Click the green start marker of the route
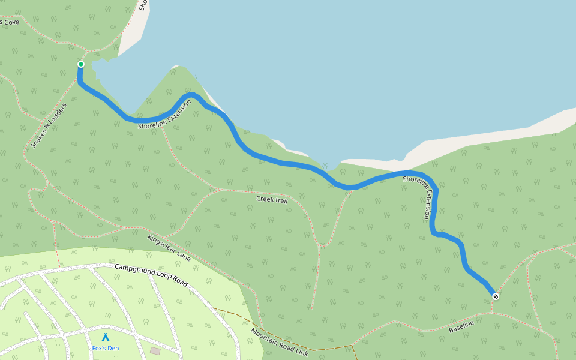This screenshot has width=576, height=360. tap(81, 64)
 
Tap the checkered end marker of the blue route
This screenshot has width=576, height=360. tap(495, 296)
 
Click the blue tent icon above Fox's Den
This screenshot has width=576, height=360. tap(105, 338)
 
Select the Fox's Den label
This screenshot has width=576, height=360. tap(106, 348)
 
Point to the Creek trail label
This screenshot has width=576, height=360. tap(272, 200)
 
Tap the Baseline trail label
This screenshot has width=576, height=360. tap(461, 326)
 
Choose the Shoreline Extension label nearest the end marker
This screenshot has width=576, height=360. tap(419, 197)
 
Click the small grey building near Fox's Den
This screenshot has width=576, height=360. tap(155, 350)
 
